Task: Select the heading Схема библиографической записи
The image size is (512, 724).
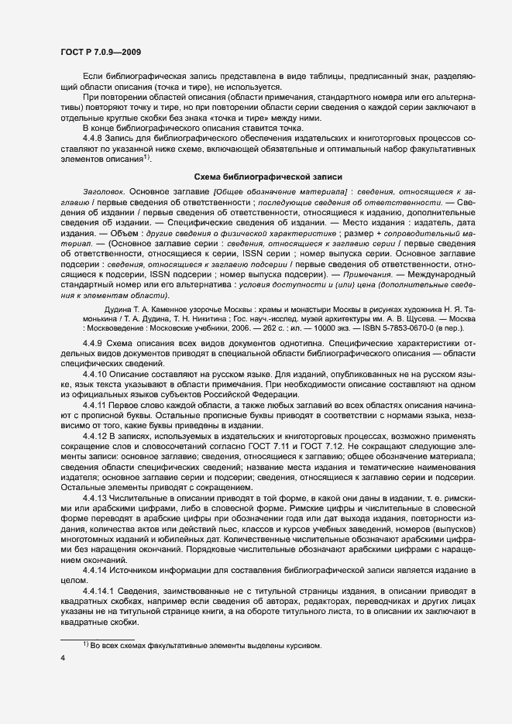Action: click(256, 176)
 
